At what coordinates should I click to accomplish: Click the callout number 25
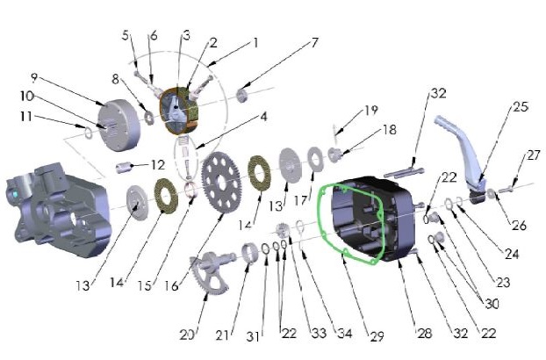point(521,108)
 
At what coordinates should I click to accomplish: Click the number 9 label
point(58,76)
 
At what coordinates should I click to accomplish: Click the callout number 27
point(533,156)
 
